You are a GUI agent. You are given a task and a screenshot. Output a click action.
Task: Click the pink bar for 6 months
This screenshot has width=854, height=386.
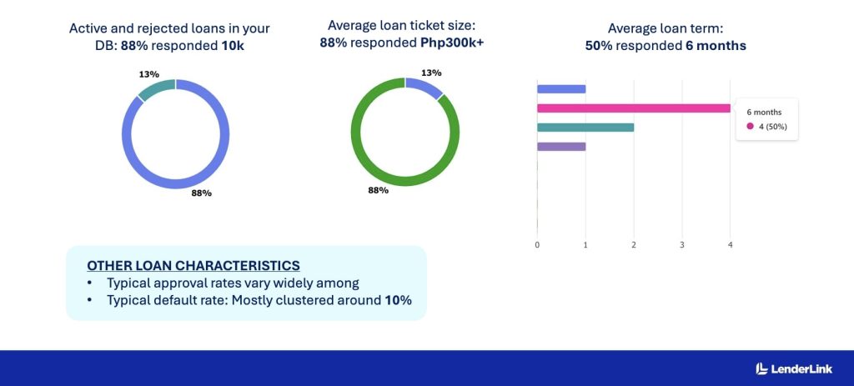pyautogui.click(x=634, y=108)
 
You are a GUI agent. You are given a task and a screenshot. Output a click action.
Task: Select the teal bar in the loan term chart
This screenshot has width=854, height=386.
pyautogui.click(x=585, y=128)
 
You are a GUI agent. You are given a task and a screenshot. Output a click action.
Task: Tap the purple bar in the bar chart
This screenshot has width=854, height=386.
pyautogui.click(x=561, y=147)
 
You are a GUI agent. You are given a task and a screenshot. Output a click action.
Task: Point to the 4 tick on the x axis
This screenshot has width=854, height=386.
pyautogui.click(x=731, y=244)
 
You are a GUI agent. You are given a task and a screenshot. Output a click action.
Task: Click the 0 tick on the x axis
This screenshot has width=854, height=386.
pyautogui.click(x=537, y=244)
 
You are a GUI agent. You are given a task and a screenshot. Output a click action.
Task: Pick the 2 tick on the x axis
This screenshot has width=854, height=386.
pyautogui.click(x=634, y=244)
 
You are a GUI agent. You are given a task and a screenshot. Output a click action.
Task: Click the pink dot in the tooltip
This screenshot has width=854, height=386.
pyautogui.click(x=750, y=127)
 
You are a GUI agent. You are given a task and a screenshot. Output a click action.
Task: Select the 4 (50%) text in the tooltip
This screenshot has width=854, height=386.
pyautogui.click(x=772, y=127)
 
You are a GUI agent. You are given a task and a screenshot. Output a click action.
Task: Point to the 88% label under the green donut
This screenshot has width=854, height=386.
pyautogui.click(x=378, y=190)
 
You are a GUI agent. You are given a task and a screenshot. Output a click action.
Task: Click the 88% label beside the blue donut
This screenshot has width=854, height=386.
pyautogui.click(x=201, y=193)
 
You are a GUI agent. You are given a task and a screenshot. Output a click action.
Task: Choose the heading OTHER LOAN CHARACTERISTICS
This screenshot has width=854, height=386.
pyautogui.click(x=193, y=265)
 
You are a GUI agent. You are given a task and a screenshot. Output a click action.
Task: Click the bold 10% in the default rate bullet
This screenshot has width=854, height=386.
pyautogui.click(x=398, y=299)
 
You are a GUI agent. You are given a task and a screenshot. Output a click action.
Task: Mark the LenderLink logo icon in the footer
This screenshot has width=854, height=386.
pyautogui.click(x=761, y=368)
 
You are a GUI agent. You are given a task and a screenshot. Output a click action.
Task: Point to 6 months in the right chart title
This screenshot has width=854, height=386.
pyautogui.click(x=716, y=46)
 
